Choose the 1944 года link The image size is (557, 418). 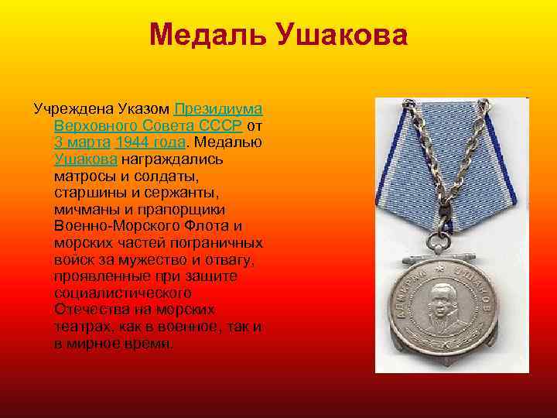pos(150,142)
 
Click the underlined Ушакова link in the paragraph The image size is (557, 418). pos(86,159)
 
